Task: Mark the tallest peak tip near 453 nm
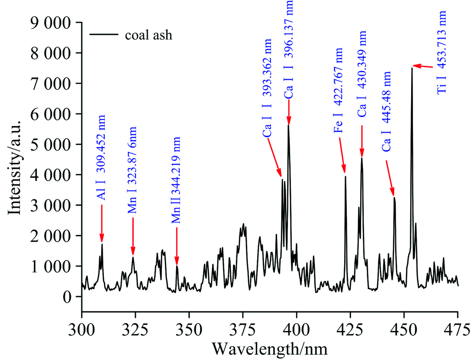(412, 68)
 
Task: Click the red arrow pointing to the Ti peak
(423, 67)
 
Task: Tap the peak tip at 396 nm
(288, 125)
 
